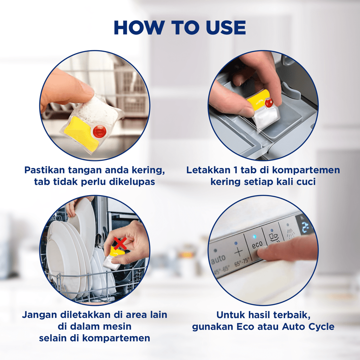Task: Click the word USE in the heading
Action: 226,27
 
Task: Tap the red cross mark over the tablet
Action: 120,244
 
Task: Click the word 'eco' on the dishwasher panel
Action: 257,245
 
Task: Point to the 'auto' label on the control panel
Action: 218,259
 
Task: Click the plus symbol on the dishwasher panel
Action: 239,252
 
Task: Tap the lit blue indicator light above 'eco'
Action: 254,237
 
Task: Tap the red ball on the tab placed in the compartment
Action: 269,103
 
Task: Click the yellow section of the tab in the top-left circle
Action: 81,133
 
